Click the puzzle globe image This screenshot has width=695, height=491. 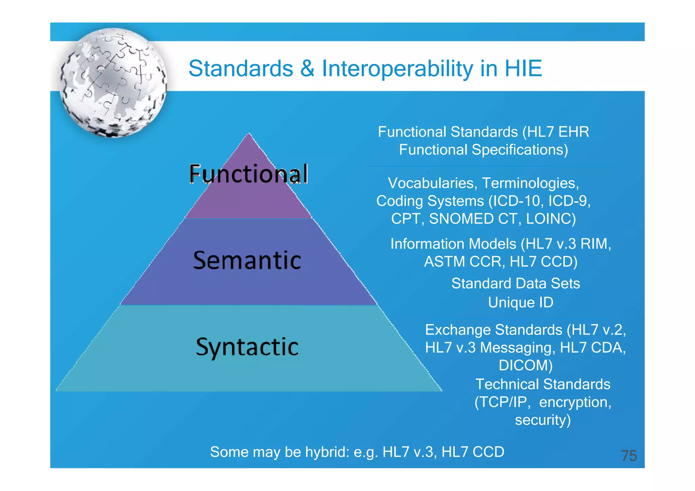click(114, 83)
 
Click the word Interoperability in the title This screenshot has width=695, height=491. click(397, 68)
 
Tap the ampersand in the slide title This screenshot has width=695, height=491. click(307, 68)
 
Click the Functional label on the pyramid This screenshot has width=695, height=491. click(248, 174)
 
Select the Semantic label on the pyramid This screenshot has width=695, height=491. click(247, 260)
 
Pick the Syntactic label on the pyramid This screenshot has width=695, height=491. click(247, 347)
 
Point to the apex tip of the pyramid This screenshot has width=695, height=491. click(249, 134)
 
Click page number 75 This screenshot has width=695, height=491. click(628, 456)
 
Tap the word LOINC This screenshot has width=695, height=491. click(550, 219)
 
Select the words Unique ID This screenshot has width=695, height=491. click(520, 302)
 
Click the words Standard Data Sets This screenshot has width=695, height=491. click(515, 283)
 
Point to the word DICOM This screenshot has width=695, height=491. click(525, 366)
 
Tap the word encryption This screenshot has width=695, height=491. click(574, 402)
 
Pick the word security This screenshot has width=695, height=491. click(542, 420)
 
